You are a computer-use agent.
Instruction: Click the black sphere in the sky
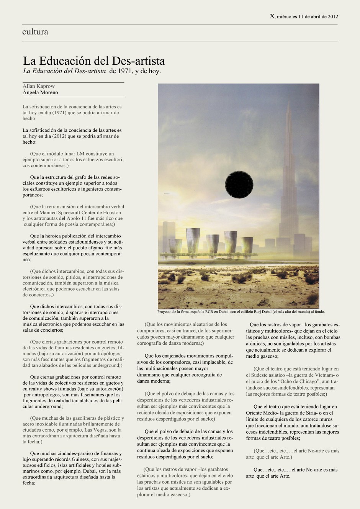click(x=239, y=184)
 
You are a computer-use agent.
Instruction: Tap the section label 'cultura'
click(x=35, y=32)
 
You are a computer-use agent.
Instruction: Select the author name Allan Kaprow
click(x=39, y=86)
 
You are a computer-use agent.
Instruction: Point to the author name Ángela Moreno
click(x=40, y=92)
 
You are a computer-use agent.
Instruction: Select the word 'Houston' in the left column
click(x=112, y=213)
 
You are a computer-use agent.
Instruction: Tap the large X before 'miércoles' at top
click(x=272, y=16)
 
